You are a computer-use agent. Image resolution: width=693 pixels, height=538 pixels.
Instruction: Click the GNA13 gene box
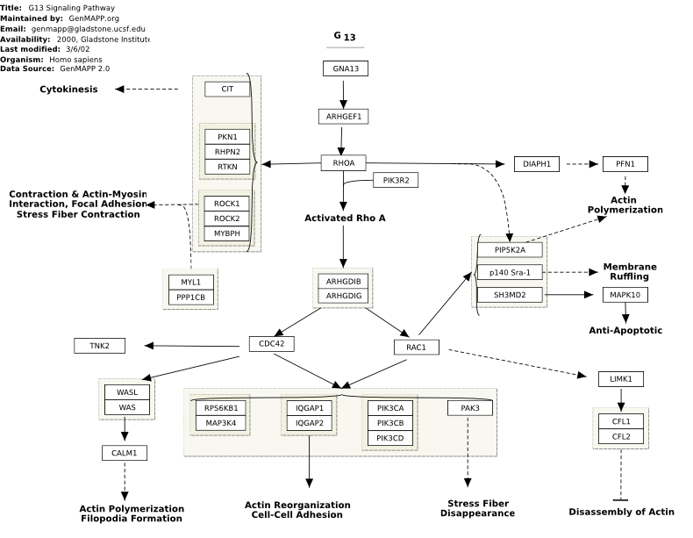click(x=345, y=68)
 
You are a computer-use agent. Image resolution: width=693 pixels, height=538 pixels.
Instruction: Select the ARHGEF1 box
click(x=343, y=117)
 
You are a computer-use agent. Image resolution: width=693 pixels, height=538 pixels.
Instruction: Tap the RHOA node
click(x=343, y=163)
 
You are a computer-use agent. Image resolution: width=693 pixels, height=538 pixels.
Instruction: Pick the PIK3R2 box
click(x=396, y=181)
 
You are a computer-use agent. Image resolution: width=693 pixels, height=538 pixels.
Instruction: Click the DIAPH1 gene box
click(x=537, y=164)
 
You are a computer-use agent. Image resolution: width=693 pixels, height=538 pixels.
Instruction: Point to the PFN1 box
click(x=625, y=164)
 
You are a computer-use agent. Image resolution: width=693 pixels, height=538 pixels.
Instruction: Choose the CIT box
click(x=227, y=89)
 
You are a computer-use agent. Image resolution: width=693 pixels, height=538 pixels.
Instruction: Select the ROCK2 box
click(x=226, y=219)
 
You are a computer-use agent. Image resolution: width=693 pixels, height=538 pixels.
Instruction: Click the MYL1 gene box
click(x=191, y=282)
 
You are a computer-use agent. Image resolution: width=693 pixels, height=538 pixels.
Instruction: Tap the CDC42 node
click(x=271, y=344)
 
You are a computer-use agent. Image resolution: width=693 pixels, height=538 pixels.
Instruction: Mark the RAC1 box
click(x=417, y=347)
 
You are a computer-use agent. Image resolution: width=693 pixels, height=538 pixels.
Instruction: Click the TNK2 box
click(x=99, y=346)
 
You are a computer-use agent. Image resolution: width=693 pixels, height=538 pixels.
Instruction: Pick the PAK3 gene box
click(x=470, y=408)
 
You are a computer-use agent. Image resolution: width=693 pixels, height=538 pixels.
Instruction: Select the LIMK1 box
click(x=621, y=379)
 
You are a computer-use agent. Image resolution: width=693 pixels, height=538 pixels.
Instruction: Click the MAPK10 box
click(x=625, y=295)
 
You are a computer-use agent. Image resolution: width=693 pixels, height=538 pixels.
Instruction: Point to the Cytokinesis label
click(x=68, y=90)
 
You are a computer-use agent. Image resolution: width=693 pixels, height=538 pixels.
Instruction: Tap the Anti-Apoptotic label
click(x=625, y=330)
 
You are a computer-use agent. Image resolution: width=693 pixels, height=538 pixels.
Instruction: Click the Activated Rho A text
click(x=345, y=218)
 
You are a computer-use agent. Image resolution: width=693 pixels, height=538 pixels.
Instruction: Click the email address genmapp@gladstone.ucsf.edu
click(x=89, y=29)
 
